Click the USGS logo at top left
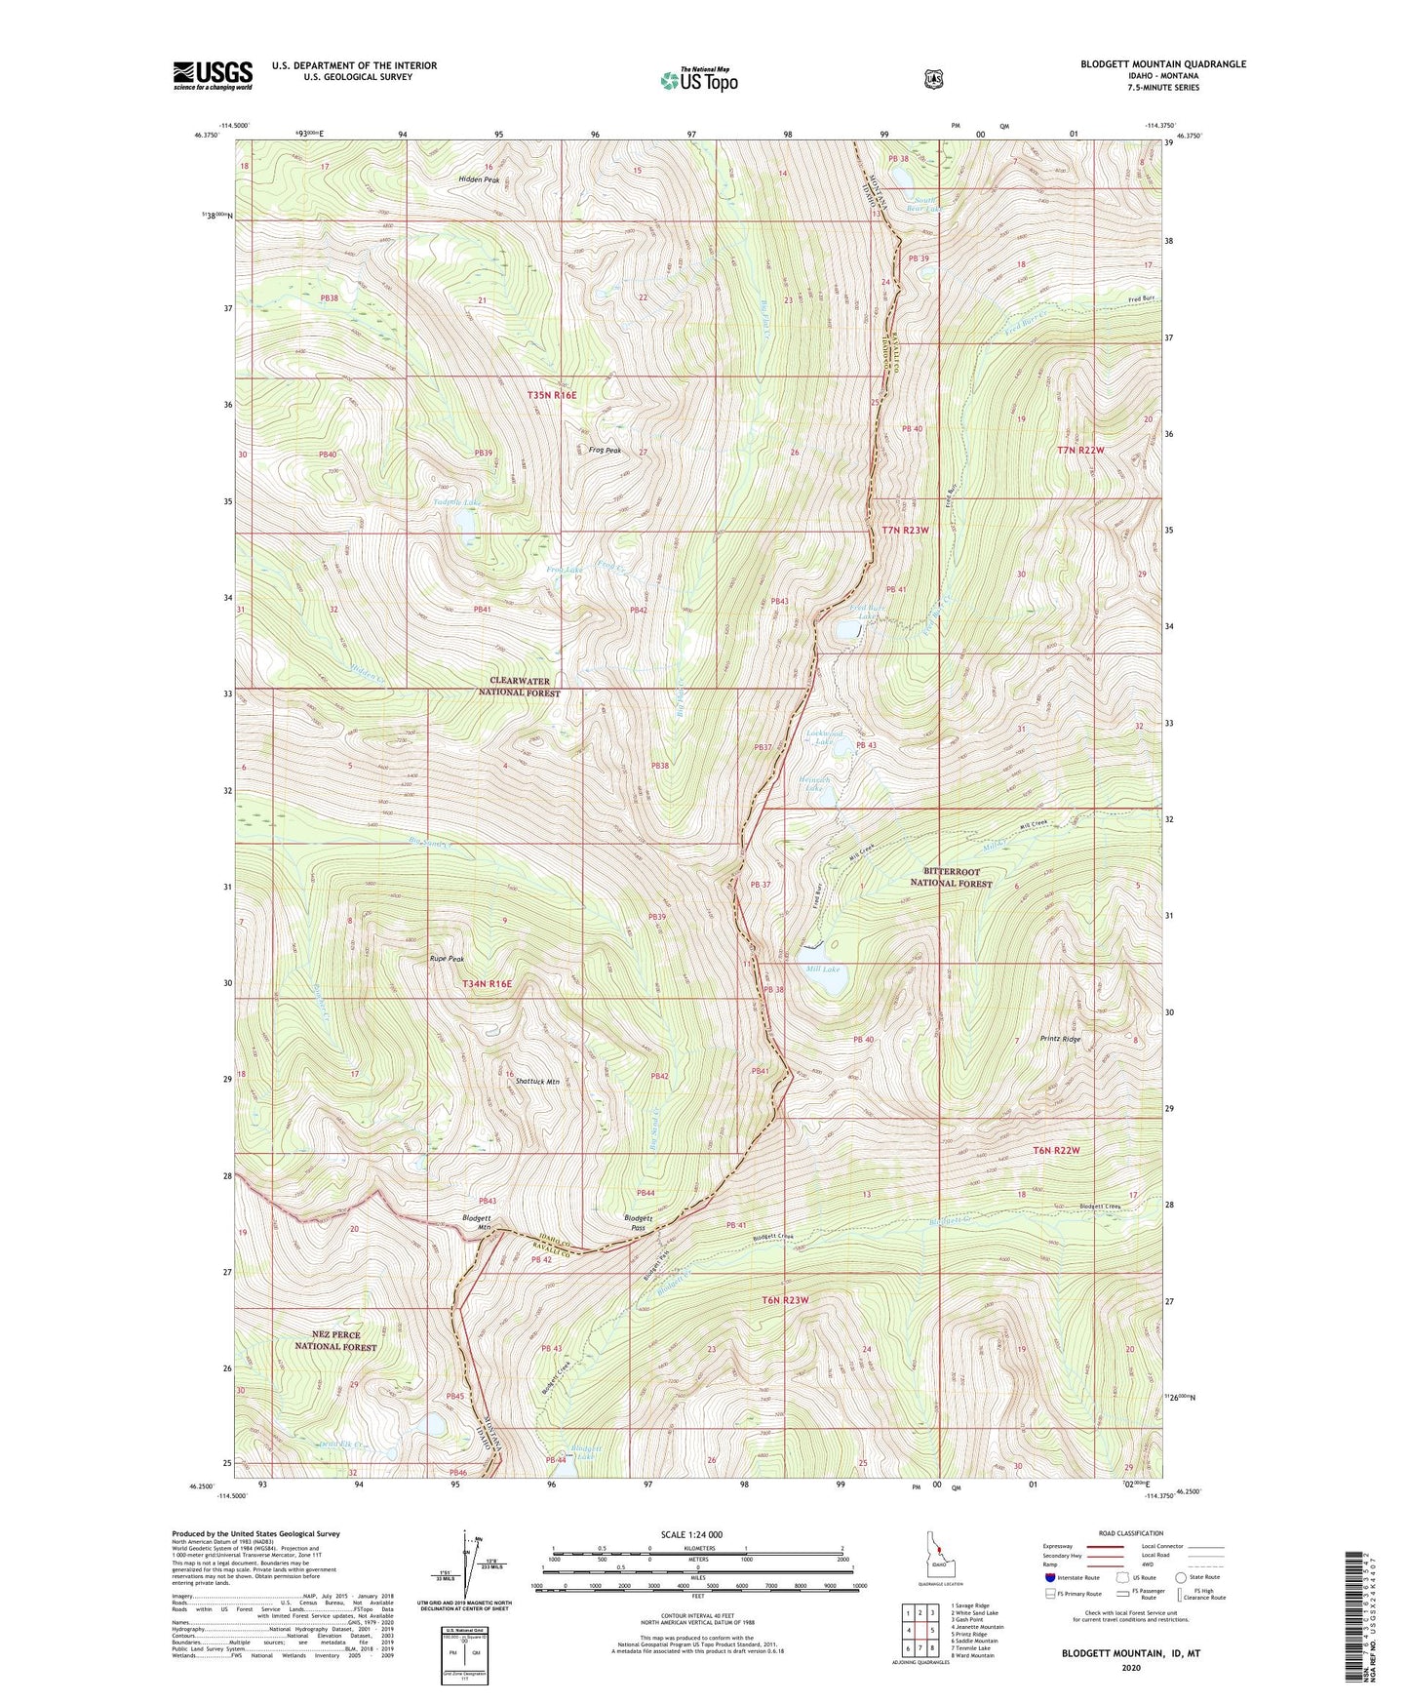(213, 75)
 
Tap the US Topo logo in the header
(698, 80)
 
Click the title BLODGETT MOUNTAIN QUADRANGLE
(1162, 64)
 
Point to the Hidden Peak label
(479, 179)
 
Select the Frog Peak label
(605, 451)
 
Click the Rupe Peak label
(447, 959)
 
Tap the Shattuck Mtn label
(537, 1082)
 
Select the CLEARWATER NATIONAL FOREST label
(519, 687)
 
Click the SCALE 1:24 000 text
(691, 1534)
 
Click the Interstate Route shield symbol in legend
(1049, 1576)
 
